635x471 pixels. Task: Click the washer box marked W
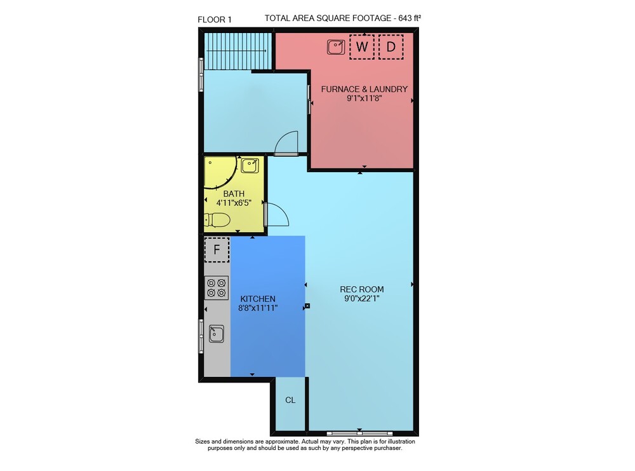tap(362, 47)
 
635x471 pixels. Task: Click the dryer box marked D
tap(391, 47)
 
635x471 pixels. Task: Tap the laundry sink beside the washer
tap(336, 47)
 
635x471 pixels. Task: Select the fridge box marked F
tap(217, 249)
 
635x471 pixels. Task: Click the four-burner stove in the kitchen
tap(217, 288)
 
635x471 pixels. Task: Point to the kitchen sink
tap(217, 334)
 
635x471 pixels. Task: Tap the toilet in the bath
tap(217, 221)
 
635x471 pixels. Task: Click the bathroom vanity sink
tap(250, 166)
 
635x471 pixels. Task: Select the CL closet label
tap(290, 400)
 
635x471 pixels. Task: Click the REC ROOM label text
tap(362, 289)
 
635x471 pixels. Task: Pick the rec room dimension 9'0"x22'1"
tap(362, 299)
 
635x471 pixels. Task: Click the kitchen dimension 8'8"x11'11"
tap(258, 308)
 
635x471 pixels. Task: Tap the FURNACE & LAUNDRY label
tap(364, 89)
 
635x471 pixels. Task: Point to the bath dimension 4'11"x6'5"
tap(234, 203)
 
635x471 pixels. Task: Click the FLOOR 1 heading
tap(215, 20)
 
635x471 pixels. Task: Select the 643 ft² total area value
tap(410, 18)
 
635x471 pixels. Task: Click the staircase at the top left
tap(237, 51)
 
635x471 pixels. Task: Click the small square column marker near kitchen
tap(307, 306)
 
